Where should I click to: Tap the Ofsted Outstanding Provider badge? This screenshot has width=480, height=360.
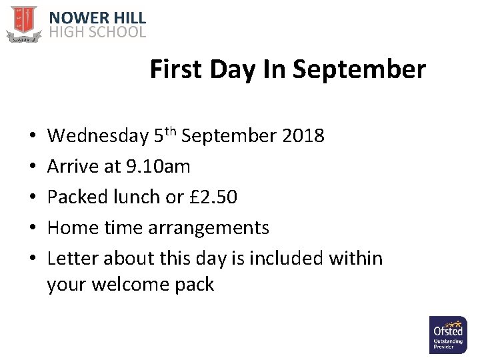click(x=448, y=335)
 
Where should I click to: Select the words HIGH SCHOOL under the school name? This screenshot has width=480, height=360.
click(x=97, y=32)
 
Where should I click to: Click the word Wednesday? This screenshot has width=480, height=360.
click(x=98, y=136)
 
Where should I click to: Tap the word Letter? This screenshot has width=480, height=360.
click(x=71, y=258)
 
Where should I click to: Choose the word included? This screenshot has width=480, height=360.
click(x=281, y=258)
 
